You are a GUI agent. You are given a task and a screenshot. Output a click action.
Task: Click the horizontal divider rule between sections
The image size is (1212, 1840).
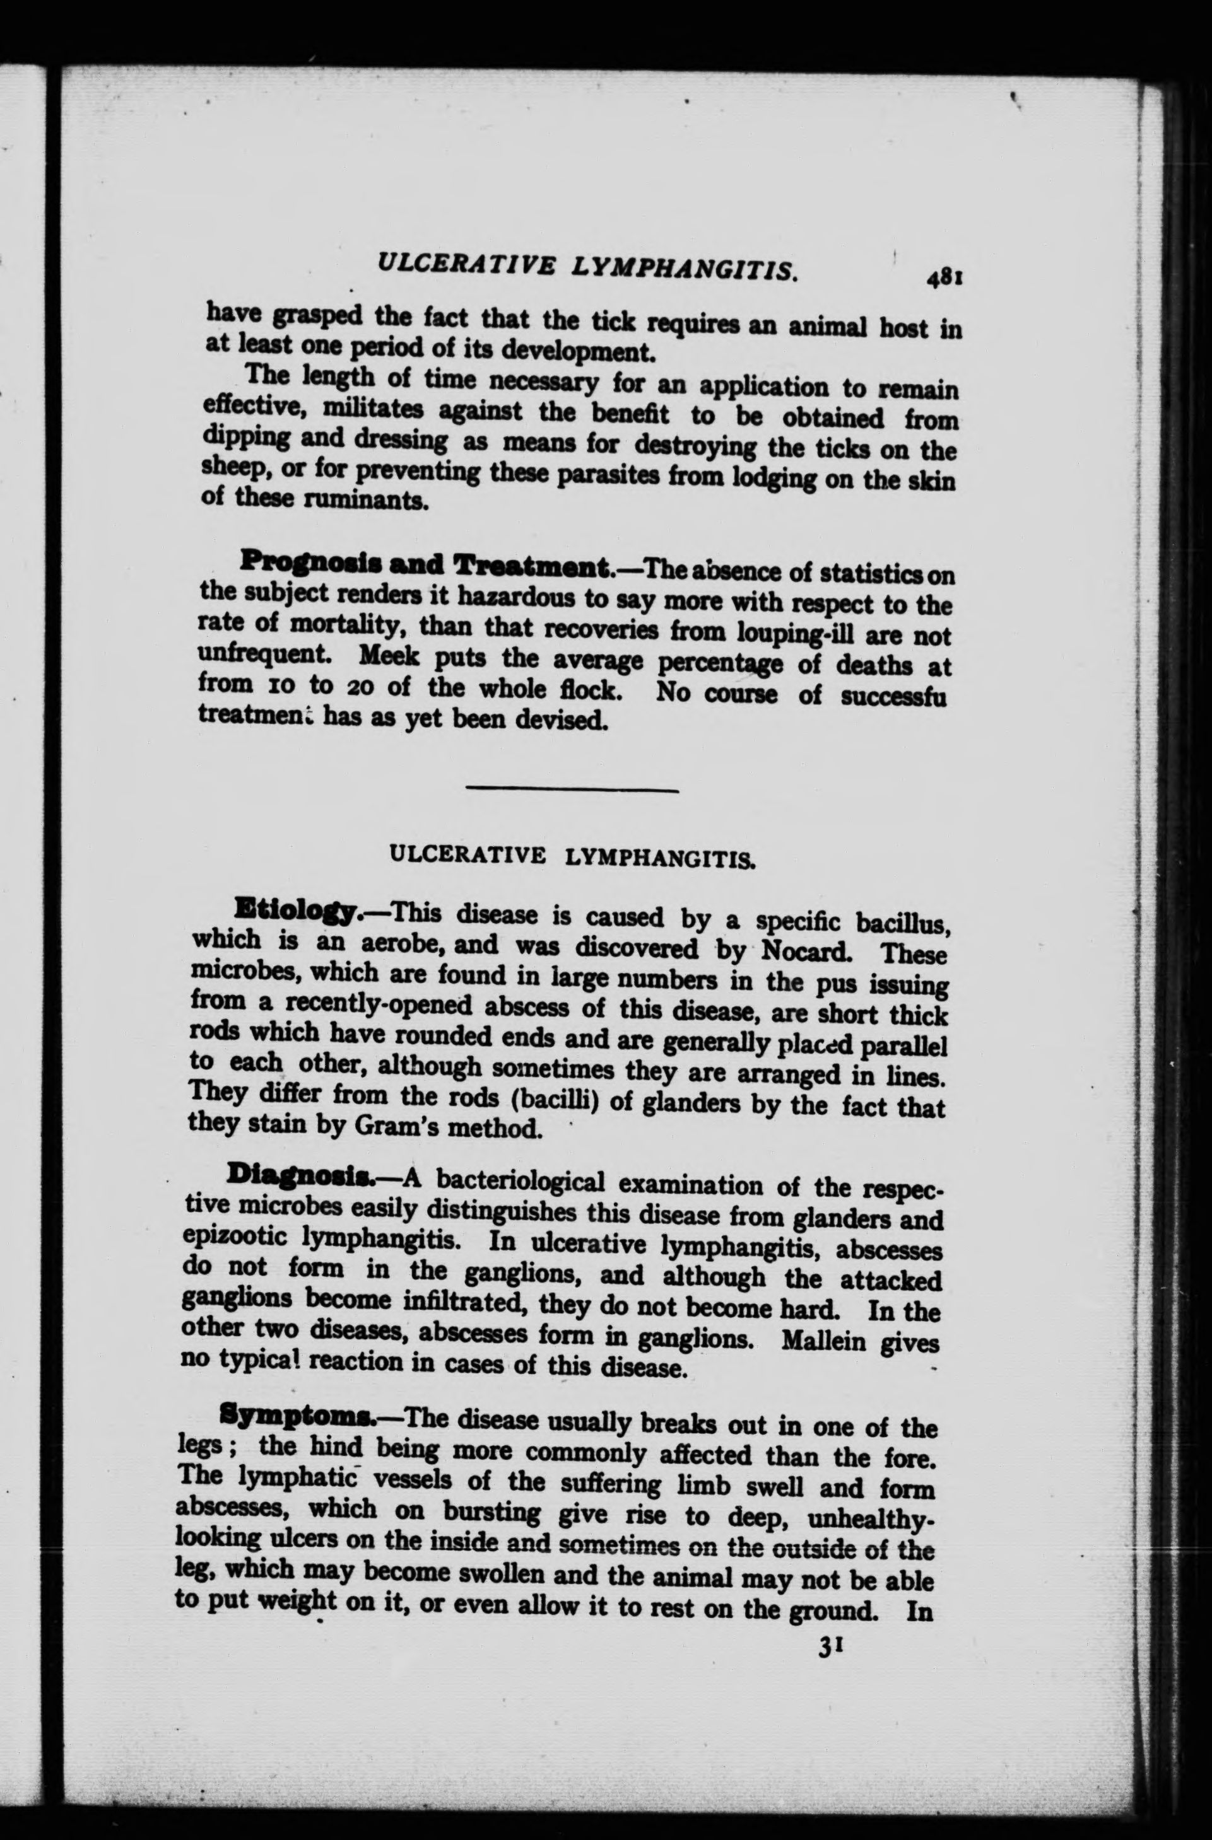coord(572,789)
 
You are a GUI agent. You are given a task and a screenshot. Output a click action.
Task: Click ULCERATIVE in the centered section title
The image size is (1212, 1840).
coord(468,854)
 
